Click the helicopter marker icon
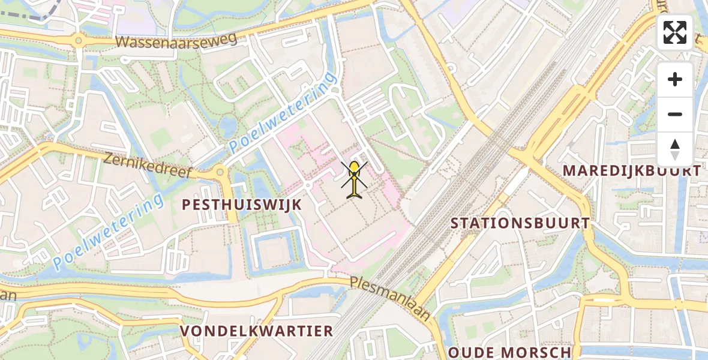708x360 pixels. tap(355, 179)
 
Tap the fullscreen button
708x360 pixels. tap(675, 32)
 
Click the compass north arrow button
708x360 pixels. tap(675, 149)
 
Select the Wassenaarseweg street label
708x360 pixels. tap(177, 40)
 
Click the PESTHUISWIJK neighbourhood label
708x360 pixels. tap(242, 205)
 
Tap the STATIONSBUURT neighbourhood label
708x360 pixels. tap(520, 223)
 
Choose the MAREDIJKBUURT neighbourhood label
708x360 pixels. tap(632, 170)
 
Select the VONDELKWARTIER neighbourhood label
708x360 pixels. tap(257, 331)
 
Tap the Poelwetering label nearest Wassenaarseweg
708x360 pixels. tap(282, 110)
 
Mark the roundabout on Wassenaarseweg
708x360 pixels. tap(78, 41)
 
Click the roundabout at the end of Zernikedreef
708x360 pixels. tap(220, 172)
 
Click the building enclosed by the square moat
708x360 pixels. tap(276, 252)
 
